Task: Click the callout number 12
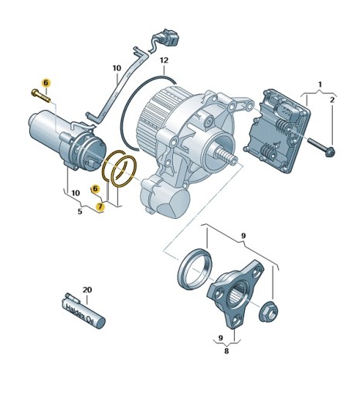coord(164,60)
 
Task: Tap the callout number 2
coord(333,100)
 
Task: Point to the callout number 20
coord(87,290)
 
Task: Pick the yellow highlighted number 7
coord(100,207)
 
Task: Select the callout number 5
coord(80,211)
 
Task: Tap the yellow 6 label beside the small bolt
coord(46,82)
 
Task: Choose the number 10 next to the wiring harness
coord(116,68)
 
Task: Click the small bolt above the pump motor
coord(39,95)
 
